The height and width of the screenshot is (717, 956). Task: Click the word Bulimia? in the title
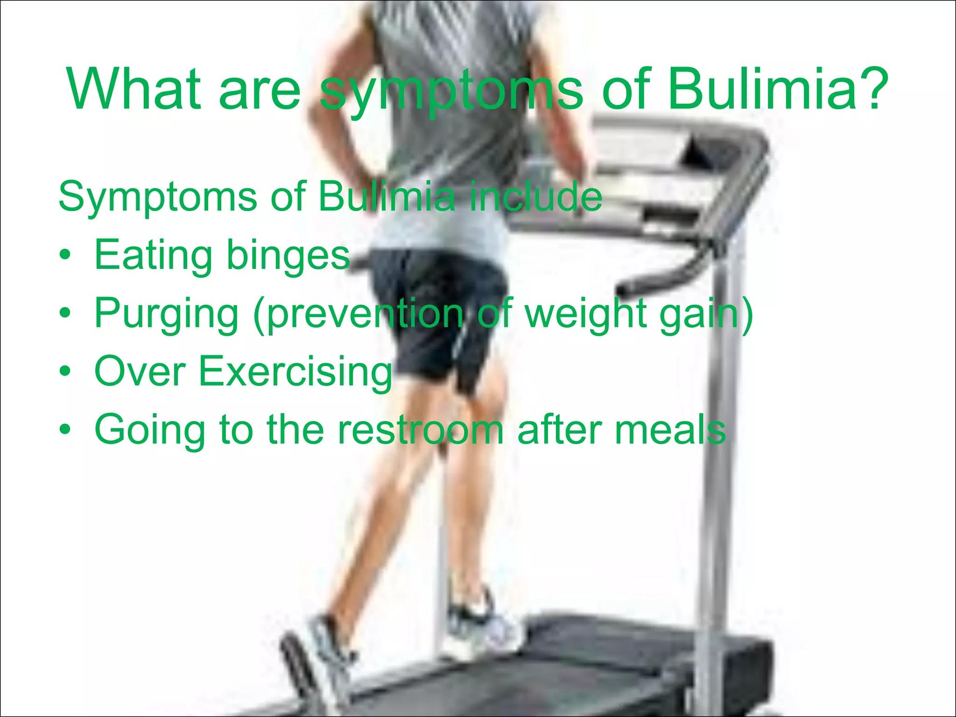tap(777, 89)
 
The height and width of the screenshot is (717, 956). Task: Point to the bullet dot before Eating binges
tap(65, 255)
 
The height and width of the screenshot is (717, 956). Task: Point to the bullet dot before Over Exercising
tap(65, 372)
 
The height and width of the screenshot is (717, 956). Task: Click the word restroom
tap(420, 430)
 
